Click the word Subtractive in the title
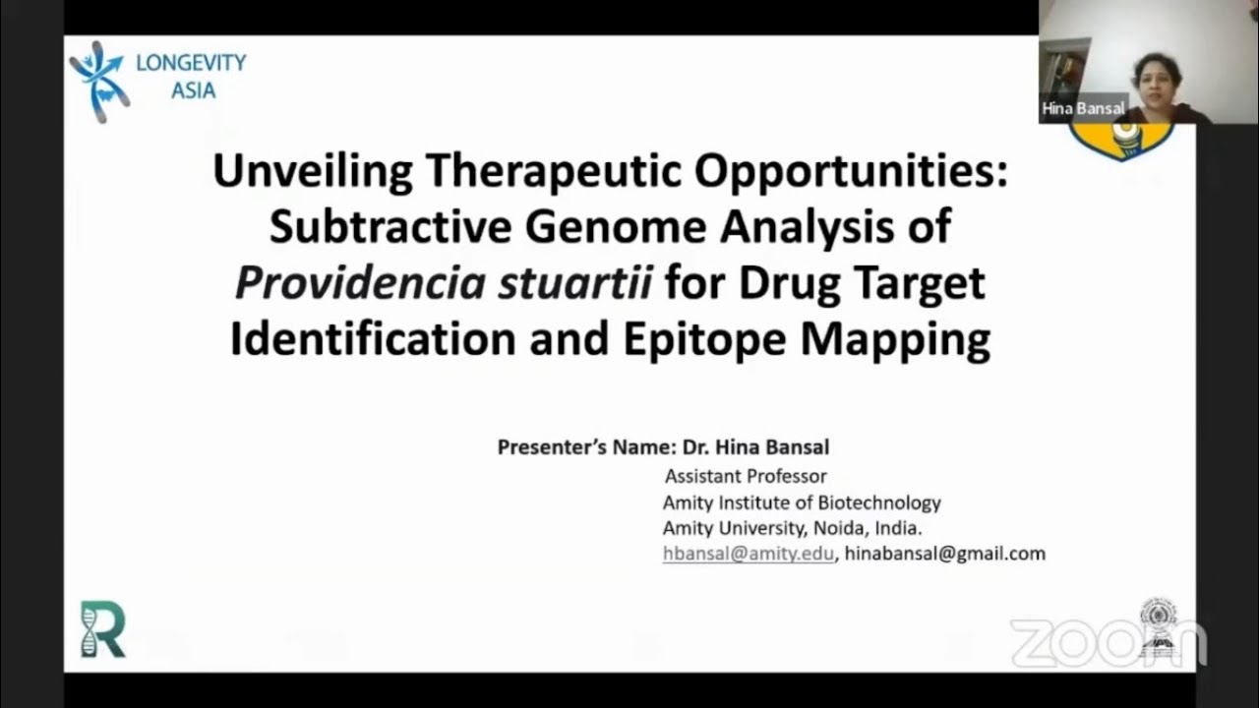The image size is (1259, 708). click(x=390, y=227)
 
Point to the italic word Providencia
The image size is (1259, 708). click(x=360, y=284)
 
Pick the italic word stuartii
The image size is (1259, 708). click(x=574, y=284)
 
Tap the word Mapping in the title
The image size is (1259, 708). click(x=895, y=339)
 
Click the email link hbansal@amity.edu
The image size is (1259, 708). click(x=748, y=554)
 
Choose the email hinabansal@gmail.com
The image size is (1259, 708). click(x=944, y=554)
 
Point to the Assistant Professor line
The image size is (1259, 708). click(x=746, y=477)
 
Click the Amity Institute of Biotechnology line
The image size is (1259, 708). click(x=802, y=502)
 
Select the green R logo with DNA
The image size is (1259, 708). click(x=102, y=629)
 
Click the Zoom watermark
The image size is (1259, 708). click(x=1107, y=642)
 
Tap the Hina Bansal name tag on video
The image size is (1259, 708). click(x=1083, y=109)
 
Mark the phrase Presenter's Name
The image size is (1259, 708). click(x=585, y=447)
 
